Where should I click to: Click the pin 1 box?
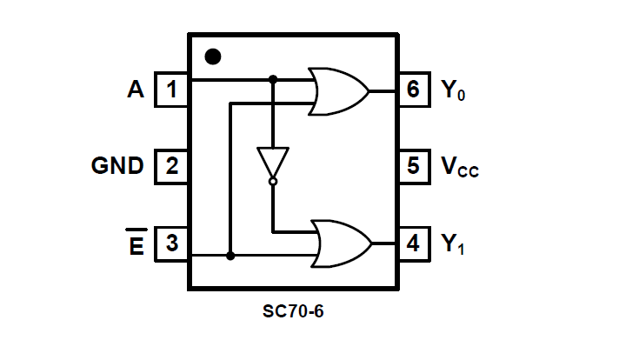[x=172, y=90]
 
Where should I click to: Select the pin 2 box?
[x=172, y=166]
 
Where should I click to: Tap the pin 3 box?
[x=172, y=243]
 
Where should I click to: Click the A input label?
[x=135, y=89]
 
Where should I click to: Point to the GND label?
[x=117, y=166]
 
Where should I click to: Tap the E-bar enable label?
[x=136, y=245]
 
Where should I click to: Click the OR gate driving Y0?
[x=339, y=90]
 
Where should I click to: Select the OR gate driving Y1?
[x=340, y=243]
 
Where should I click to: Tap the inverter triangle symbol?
[x=272, y=162]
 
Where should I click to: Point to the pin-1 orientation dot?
[x=212, y=57]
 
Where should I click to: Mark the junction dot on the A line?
[x=272, y=79]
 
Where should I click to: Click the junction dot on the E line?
[x=230, y=256]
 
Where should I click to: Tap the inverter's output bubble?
[x=272, y=182]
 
